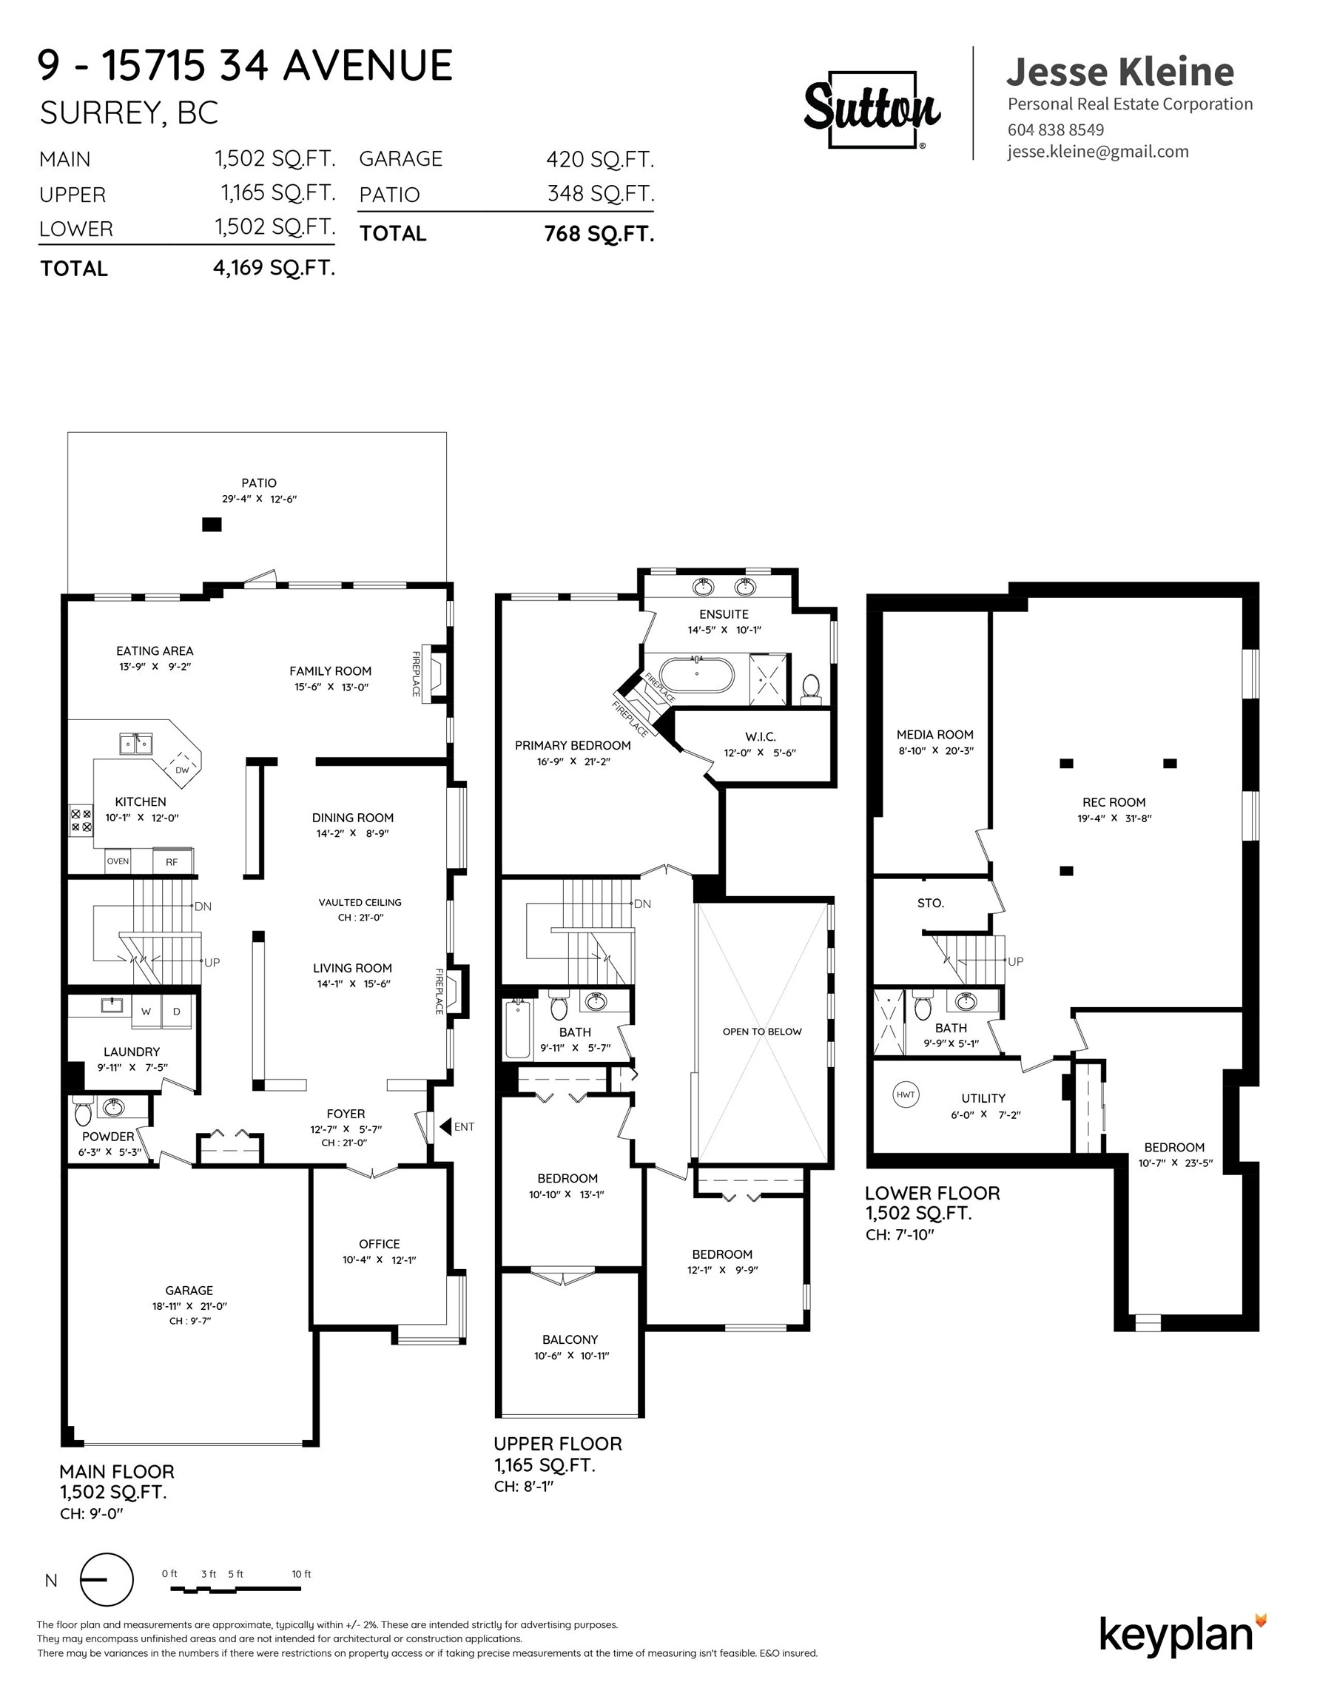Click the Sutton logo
coord(872,109)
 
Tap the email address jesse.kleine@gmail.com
coord(1098,152)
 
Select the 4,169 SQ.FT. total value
coord(273,269)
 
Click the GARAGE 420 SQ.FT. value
coord(599,159)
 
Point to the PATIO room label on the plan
coord(258,483)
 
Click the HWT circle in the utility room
coord(905,1094)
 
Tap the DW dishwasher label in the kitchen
coord(182,770)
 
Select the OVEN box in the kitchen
coord(118,861)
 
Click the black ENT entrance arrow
coord(445,1126)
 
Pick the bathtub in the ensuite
coord(696,676)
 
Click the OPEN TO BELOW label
coord(762,1032)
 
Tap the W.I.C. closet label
coord(760,737)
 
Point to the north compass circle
coord(107,1579)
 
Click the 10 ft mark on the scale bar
coord(301,1574)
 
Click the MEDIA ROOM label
coord(934,735)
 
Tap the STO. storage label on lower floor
coord(931,904)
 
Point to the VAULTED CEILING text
coord(360,903)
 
